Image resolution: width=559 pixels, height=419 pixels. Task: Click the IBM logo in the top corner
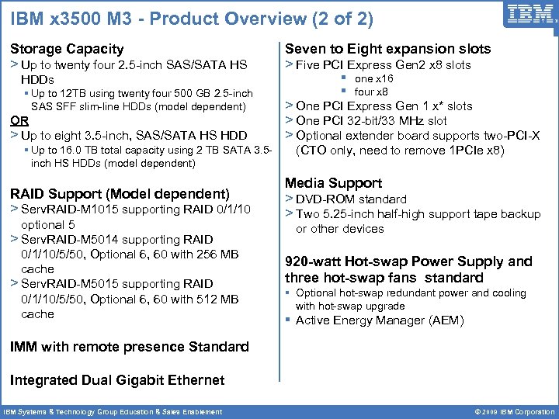pyautogui.click(x=530, y=15)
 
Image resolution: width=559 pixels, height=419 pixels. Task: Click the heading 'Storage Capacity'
pyautogui.click(x=67, y=49)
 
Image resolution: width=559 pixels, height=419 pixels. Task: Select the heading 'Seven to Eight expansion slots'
pyautogui.click(x=387, y=49)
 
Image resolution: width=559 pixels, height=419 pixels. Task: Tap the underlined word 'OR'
pyautogui.click(x=19, y=120)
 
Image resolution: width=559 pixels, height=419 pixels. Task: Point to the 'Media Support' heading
pyautogui.click(x=333, y=183)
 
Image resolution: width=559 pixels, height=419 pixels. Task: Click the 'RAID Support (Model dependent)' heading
pyautogui.click(x=120, y=193)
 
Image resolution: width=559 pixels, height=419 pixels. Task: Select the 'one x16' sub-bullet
pyautogui.click(x=374, y=78)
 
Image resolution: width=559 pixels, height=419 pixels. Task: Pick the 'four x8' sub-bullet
pyautogui.click(x=371, y=92)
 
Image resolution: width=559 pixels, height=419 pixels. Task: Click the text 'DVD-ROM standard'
pyautogui.click(x=351, y=199)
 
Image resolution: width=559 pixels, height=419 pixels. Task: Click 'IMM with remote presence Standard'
pyautogui.click(x=130, y=347)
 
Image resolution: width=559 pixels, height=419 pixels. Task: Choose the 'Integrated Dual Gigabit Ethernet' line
pyautogui.click(x=117, y=379)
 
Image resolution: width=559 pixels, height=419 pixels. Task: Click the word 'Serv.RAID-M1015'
pyautogui.click(x=68, y=209)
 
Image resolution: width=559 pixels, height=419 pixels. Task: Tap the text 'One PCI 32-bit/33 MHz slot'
pyautogui.click(x=371, y=120)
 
